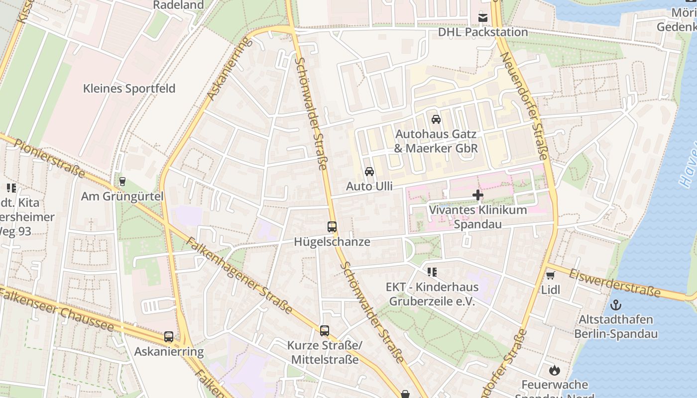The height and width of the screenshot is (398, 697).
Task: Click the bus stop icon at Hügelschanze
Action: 332,227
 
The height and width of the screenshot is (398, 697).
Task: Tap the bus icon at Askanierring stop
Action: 169,337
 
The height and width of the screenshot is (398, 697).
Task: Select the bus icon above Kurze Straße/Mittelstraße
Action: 325,330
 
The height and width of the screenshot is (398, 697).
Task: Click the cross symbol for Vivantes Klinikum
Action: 477,195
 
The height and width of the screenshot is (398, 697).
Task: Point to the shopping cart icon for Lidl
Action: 550,275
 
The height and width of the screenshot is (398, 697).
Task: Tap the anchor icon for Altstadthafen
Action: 616,304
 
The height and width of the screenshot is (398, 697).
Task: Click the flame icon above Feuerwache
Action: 554,370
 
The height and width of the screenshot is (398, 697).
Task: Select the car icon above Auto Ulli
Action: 369,172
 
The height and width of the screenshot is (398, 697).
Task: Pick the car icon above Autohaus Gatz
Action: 436,119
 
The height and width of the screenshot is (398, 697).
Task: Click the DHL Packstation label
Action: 482,32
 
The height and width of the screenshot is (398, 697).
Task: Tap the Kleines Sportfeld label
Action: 129,89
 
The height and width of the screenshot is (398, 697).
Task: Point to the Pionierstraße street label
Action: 49,157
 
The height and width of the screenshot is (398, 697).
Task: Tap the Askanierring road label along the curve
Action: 229,68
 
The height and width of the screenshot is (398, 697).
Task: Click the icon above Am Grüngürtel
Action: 122,182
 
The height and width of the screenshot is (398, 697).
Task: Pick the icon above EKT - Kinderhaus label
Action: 432,272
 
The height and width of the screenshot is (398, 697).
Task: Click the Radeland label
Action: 178,5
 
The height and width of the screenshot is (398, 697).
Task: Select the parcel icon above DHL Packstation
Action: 482,18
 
